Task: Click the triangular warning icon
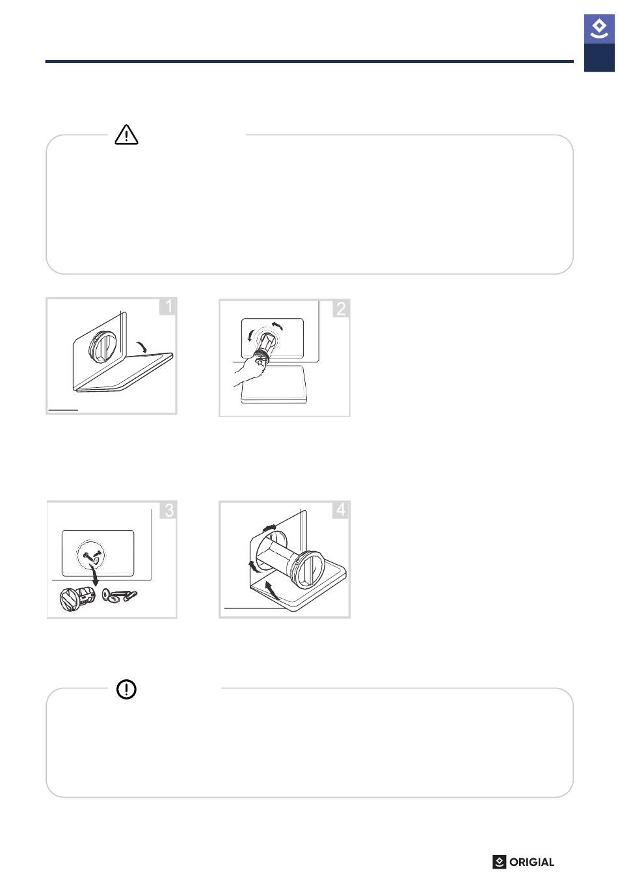126,135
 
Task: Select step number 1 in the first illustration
168,306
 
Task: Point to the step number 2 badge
342,308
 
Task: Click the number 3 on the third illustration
168,510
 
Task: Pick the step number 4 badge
341,509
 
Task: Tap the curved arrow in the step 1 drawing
142,347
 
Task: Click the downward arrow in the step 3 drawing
94,576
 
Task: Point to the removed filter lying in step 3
77,598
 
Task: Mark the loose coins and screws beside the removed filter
119,595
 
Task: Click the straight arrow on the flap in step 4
272,590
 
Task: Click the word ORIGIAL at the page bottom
531,862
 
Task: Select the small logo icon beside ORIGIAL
499,862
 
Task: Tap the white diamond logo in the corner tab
599,29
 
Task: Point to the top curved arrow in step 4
269,528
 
